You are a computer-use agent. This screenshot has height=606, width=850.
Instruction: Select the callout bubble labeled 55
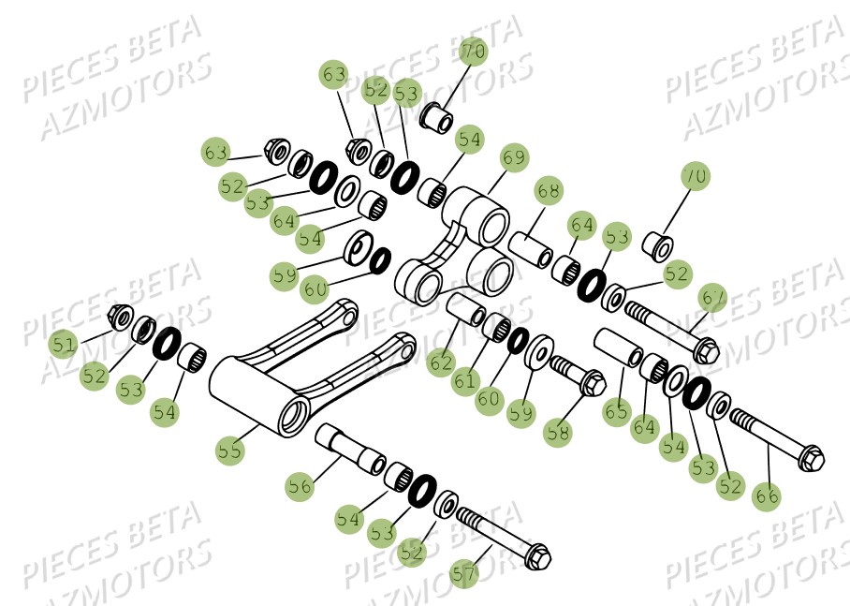click(229, 450)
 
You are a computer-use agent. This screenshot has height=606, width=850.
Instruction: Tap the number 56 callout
click(300, 487)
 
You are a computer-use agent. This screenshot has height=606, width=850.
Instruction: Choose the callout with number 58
click(557, 433)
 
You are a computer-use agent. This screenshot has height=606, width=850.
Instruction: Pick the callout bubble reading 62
click(442, 361)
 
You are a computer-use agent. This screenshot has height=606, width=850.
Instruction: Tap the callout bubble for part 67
click(713, 296)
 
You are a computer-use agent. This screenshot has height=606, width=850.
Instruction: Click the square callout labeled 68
click(550, 191)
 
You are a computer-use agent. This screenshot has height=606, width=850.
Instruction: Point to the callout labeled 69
click(514, 157)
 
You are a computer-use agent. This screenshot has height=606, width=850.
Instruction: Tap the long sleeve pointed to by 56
click(351, 449)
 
